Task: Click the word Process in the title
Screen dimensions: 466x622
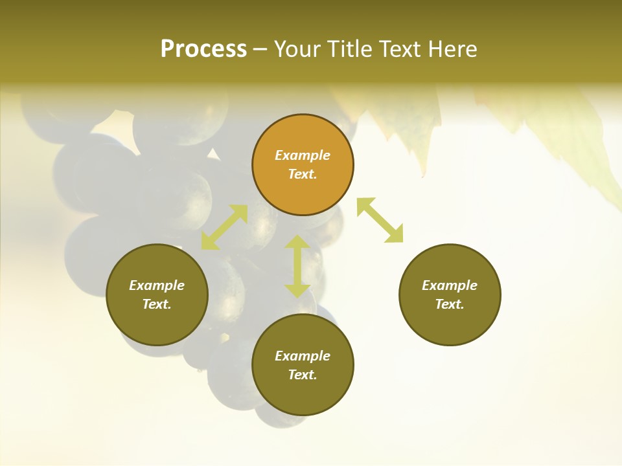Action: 203,49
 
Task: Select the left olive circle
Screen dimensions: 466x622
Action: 157,324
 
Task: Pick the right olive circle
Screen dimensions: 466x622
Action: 450,324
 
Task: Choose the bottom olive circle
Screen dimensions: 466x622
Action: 303,395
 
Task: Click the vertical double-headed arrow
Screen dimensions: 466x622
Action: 297,266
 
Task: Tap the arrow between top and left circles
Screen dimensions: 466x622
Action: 224,227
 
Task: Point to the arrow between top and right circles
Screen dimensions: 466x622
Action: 380,220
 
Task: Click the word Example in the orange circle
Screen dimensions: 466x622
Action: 303,155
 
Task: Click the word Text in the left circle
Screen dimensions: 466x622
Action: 157,304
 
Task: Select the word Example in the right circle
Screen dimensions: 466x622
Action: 450,285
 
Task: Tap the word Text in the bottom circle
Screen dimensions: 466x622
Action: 303,375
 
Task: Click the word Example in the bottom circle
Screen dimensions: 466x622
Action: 303,356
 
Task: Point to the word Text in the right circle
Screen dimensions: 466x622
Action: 450,304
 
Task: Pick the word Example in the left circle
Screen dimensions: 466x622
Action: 157,285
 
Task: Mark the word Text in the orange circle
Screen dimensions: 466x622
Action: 303,174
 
